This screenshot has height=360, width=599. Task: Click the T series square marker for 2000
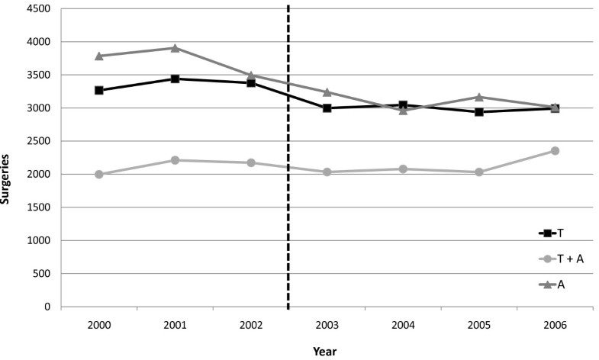click(99, 90)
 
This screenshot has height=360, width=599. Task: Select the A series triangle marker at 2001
click(175, 48)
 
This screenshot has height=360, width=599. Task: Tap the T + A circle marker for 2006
click(555, 151)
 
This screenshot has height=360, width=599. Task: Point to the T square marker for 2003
click(327, 108)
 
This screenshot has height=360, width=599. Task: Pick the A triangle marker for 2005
click(478, 97)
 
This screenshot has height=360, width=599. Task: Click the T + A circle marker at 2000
click(99, 175)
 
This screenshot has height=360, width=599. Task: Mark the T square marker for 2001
click(175, 79)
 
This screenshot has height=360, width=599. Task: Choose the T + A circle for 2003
click(327, 172)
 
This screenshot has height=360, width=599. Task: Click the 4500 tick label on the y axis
click(40, 9)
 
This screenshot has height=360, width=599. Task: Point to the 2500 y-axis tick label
click(40, 142)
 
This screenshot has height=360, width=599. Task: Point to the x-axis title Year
click(324, 352)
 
